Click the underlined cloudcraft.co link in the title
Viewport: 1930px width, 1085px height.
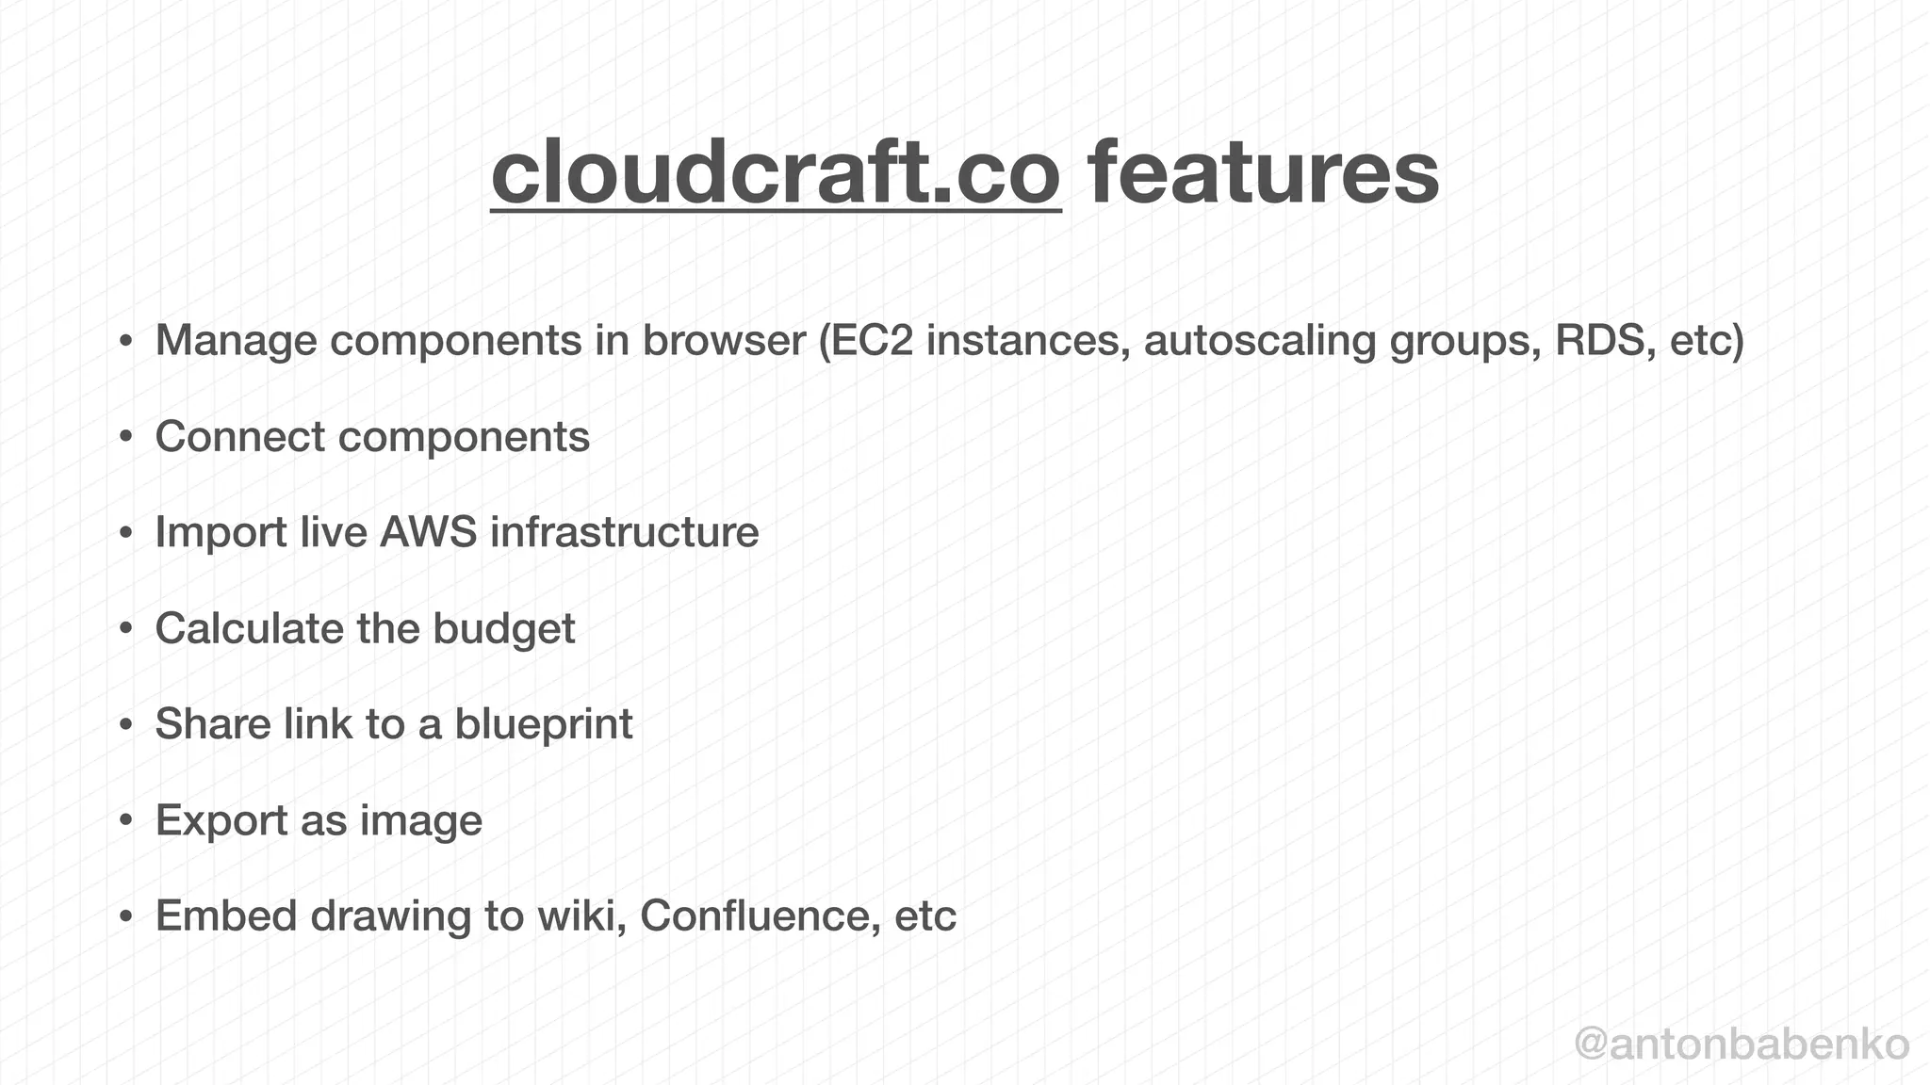[x=776, y=172]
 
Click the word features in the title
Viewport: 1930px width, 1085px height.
[x=1263, y=172]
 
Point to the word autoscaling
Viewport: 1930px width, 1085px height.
[x=1260, y=341]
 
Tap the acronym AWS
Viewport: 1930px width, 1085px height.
[x=429, y=532]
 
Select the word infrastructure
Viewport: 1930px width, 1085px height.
[x=625, y=532]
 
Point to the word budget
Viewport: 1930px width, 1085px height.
[x=503, y=629]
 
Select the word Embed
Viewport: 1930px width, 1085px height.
[x=226, y=915]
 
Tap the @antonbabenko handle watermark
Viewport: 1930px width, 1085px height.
[x=1742, y=1045]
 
